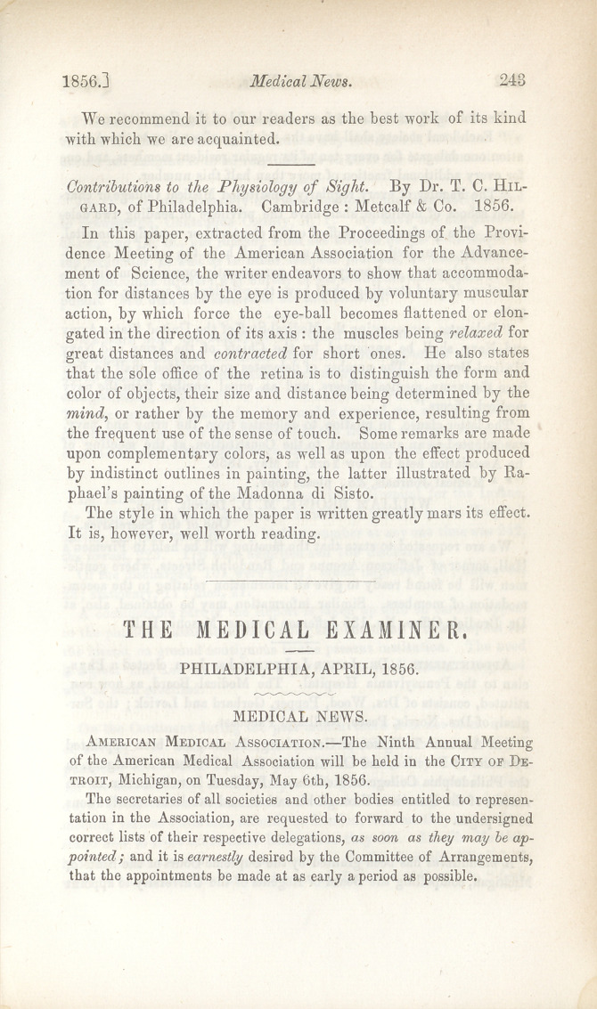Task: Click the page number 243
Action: pyautogui.click(x=514, y=80)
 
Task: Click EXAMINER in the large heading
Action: pyautogui.click(x=392, y=633)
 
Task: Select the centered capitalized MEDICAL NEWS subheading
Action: pyautogui.click(x=298, y=716)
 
